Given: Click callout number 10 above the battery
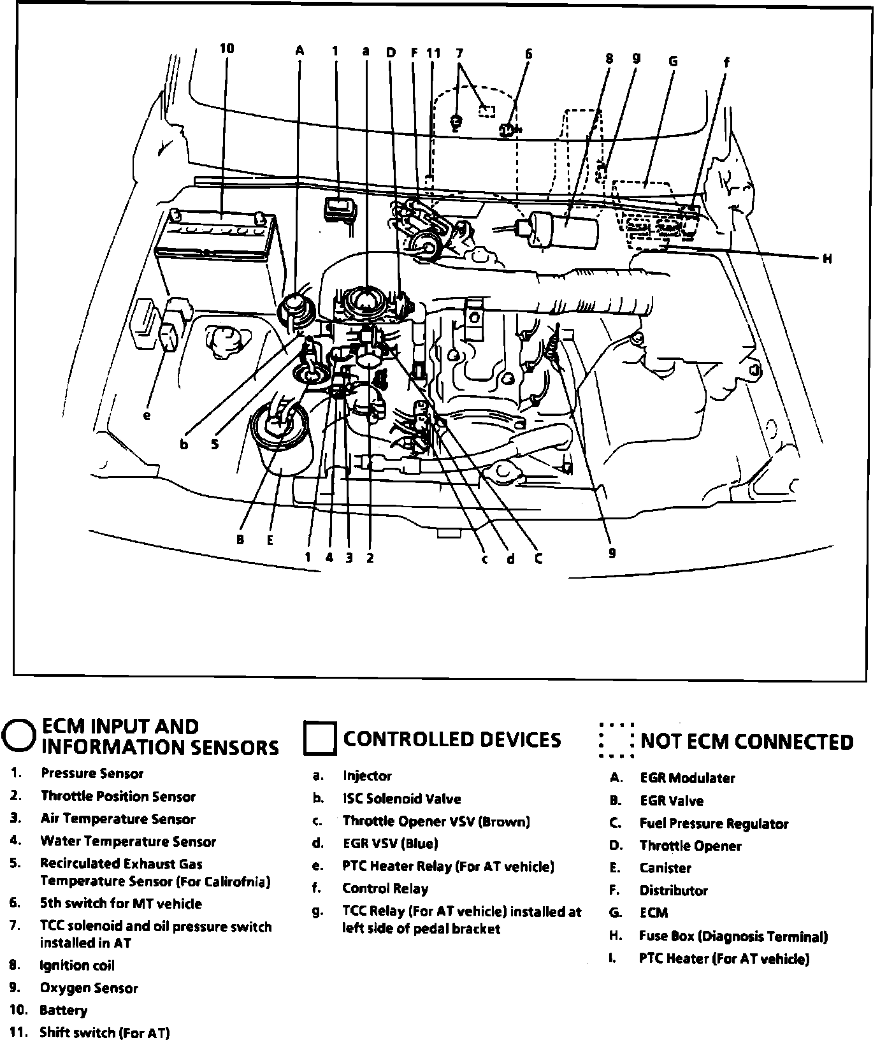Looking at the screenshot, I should (x=227, y=48).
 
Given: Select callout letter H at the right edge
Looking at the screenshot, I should (x=827, y=259).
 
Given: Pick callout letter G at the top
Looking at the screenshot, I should (x=672, y=62).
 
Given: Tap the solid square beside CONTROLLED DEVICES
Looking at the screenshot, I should (x=319, y=739).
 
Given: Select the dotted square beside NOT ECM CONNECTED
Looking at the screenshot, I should (x=616, y=740).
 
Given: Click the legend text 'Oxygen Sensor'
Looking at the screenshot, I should (x=89, y=988).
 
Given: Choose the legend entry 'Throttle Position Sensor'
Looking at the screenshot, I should (x=118, y=796).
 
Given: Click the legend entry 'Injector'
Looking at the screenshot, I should (x=367, y=776).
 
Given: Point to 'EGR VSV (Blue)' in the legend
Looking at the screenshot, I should (x=390, y=844).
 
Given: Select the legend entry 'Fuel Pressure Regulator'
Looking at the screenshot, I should (x=714, y=823).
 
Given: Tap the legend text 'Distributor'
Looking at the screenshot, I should (x=674, y=890).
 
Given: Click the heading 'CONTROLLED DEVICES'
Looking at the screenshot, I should (x=452, y=739).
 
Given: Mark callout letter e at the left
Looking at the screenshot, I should (x=147, y=415).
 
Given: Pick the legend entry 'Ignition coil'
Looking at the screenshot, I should (x=77, y=965).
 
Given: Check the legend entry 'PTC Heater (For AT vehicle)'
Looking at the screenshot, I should (x=724, y=958).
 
